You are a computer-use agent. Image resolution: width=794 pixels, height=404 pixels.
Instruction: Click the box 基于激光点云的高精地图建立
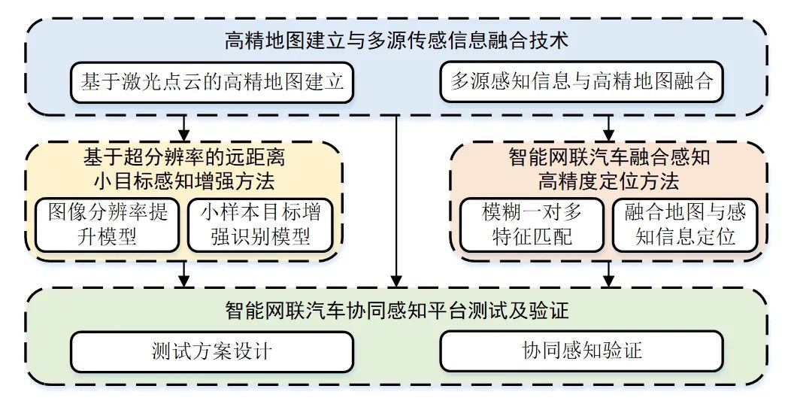(x=213, y=81)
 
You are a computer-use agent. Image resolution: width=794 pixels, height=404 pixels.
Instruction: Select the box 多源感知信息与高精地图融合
(x=581, y=81)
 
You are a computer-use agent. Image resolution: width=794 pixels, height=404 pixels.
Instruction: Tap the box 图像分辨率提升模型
(x=108, y=224)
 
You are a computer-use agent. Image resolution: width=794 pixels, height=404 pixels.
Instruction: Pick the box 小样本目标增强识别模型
(x=259, y=224)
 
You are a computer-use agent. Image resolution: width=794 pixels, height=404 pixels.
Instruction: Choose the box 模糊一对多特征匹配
(x=532, y=224)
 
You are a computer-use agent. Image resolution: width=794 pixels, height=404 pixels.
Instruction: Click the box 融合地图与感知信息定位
(x=685, y=224)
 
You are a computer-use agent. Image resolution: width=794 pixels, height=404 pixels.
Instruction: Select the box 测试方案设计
(x=213, y=351)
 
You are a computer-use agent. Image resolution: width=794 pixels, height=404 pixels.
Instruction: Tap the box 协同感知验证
(x=581, y=351)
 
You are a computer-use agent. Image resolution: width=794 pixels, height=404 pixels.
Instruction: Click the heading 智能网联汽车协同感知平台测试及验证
(x=397, y=311)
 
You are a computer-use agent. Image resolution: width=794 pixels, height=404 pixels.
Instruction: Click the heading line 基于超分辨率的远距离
(x=183, y=158)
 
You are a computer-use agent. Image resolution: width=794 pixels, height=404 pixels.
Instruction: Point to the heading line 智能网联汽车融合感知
(x=609, y=158)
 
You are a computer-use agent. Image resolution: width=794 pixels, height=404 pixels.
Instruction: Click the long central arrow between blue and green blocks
(x=395, y=203)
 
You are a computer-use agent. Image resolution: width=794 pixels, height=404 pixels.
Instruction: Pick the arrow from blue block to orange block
(x=609, y=126)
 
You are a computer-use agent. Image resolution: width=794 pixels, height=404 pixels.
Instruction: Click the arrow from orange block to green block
(x=609, y=275)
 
